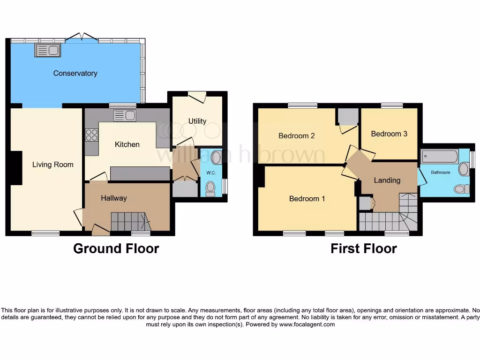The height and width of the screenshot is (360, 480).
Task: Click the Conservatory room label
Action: coord(75,73)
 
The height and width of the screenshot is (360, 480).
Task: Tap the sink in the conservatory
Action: coord(47,50)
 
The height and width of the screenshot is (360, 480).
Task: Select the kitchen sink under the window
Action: coord(125,115)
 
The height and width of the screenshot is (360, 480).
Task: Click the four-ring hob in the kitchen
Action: coord(91,135)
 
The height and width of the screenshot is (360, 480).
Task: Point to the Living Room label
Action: coord(52,165)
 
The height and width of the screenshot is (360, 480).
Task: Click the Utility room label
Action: coord(197,121)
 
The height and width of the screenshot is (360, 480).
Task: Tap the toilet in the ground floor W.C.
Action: coord(210,188)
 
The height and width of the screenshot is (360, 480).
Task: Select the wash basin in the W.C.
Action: coord(216,157)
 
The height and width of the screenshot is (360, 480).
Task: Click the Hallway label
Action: coord(114,198)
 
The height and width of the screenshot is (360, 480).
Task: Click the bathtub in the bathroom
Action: coord(440,156)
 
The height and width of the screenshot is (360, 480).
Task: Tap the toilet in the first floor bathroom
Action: coord(461,188)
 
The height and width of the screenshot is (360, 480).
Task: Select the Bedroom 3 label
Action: coord(389,134)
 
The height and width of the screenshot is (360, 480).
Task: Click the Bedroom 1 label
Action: coord(307,199)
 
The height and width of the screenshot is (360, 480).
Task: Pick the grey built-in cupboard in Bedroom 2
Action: coord(348,116)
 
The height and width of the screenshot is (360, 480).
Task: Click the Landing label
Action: coord(387,180)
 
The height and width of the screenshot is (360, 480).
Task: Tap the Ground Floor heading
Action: coord(116,248)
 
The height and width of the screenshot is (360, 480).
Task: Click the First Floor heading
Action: coord(363,248)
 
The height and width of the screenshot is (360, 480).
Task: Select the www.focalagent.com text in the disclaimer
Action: coord(307,324)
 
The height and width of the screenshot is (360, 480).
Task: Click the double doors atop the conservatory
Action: coord(82,37)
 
